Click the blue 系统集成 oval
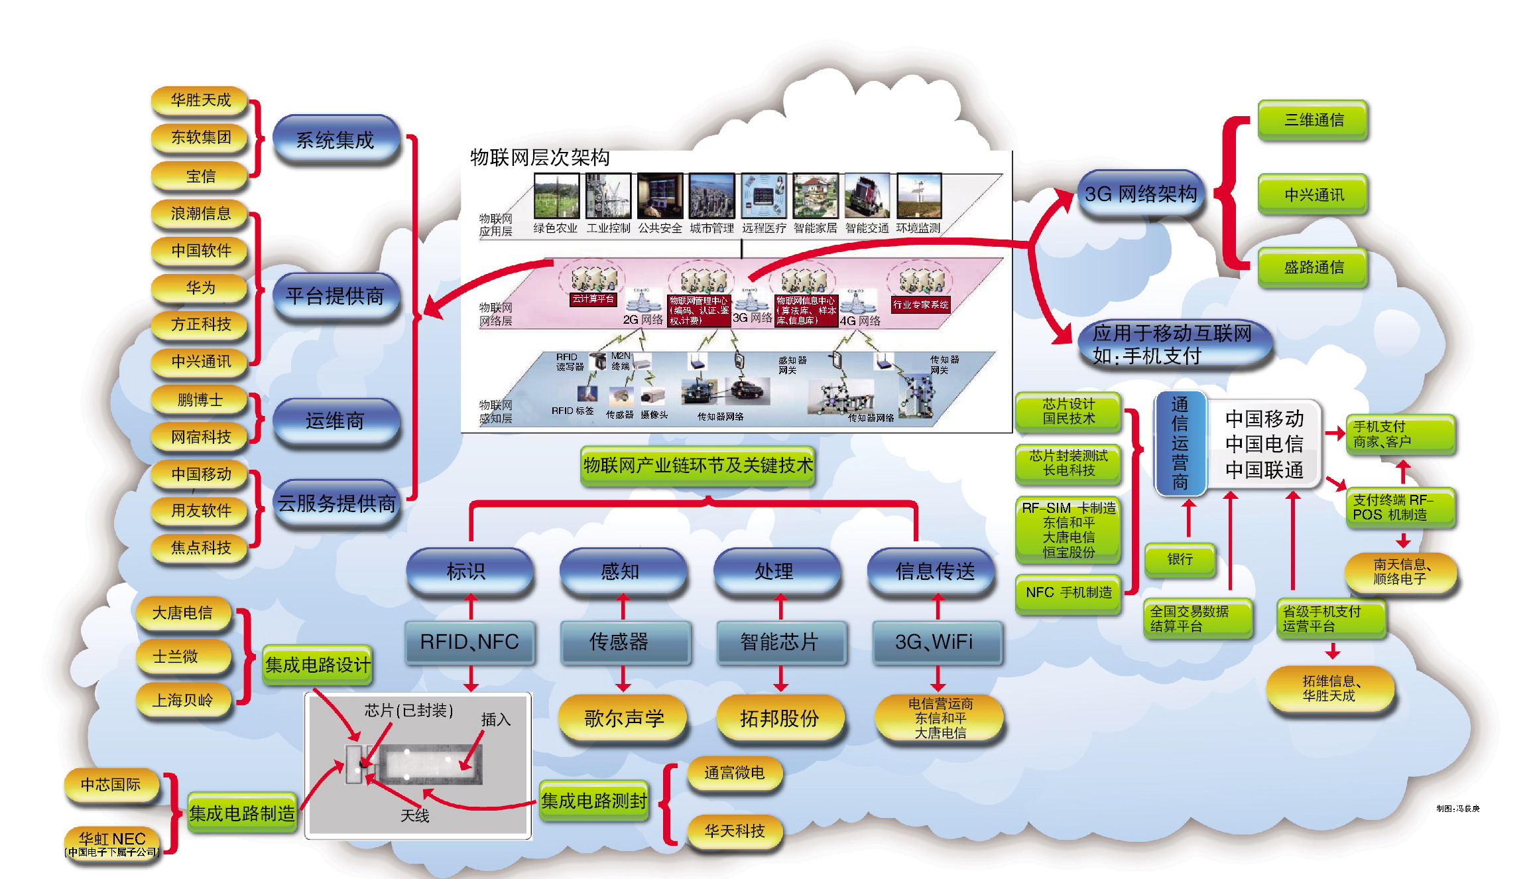click(336, 140)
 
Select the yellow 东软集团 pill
click(200, 137)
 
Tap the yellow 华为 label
click(200, 287)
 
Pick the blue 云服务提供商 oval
click(336, 504)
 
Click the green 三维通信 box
click(1313, 120)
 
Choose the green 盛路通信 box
click(1313, 267)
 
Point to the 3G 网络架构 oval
click(1140, 194)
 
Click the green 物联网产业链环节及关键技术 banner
click(698, 466)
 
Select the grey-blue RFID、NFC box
click(469, 642)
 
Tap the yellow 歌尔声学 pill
click(623, 718)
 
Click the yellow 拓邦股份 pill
click(779, 718)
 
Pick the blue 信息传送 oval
click(934, 571)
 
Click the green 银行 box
click(1180, 559)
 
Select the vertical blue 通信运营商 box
click(1180, 442)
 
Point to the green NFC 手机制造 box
click(1068, 592)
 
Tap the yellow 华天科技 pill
click(734, 831)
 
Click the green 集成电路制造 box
click(241, 813)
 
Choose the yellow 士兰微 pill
click(176, 657)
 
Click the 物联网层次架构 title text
click(540, 158)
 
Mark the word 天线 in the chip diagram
click(414, 815)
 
